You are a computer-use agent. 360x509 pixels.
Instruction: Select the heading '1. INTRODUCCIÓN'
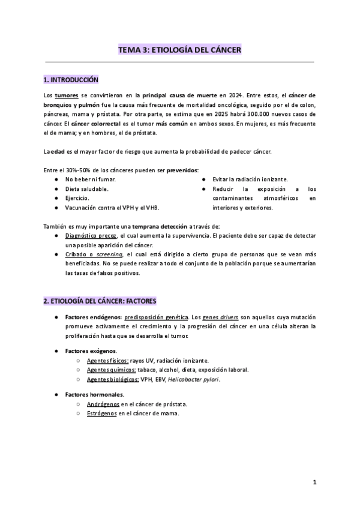[x=71, y=80]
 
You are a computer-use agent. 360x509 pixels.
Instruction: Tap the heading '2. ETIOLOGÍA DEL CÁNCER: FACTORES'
[x=100, y=300]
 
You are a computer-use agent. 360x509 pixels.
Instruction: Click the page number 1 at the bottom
[x=314, y=483]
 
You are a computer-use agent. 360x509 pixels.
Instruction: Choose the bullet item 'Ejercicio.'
[x=78, y=197]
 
